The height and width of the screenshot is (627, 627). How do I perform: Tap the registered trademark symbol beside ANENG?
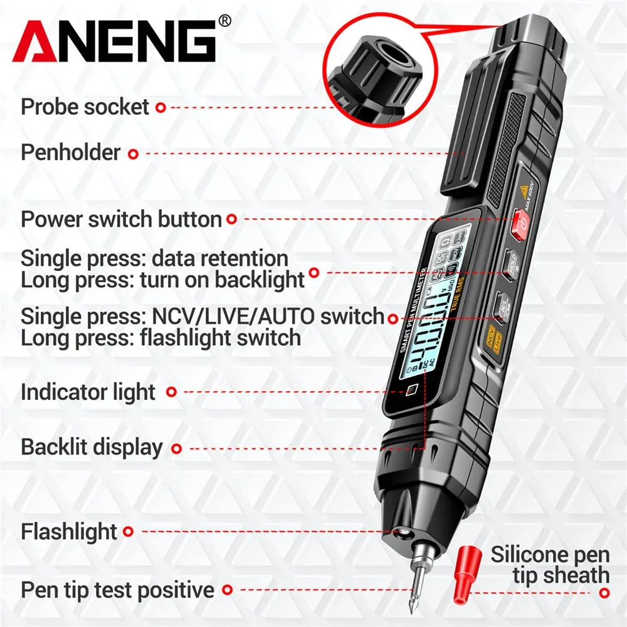tap(224, 21)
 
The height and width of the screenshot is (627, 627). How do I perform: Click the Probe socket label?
tap(85, 107)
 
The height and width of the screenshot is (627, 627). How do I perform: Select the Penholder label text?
tap(70, 152)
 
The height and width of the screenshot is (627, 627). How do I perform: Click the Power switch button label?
tap(121, 219)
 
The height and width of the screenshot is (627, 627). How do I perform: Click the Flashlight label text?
tap(69, 532)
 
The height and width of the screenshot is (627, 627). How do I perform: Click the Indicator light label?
tap(88, 393)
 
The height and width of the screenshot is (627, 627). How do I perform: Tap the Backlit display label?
tap(92, 448)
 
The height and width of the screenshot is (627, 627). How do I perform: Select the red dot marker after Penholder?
tap(133, 152)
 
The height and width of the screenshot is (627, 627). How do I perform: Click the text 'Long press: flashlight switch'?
tap(161, 338)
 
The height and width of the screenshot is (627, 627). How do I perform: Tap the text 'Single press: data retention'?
tap(154, 258)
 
